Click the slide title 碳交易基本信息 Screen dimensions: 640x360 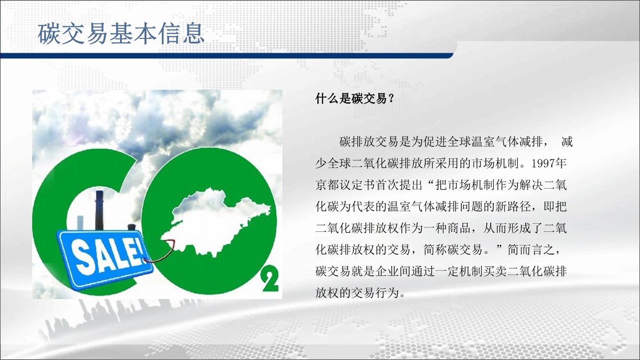click(121, 34)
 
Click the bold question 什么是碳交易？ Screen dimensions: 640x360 click(355, 99)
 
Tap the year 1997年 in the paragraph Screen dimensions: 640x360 click(549, 163)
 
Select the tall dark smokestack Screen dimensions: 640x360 click(99, 210)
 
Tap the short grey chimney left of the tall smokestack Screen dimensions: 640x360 click(80, 223)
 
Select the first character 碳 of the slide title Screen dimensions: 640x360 click(49, 34)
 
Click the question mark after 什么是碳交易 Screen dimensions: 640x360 click(391, 99)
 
